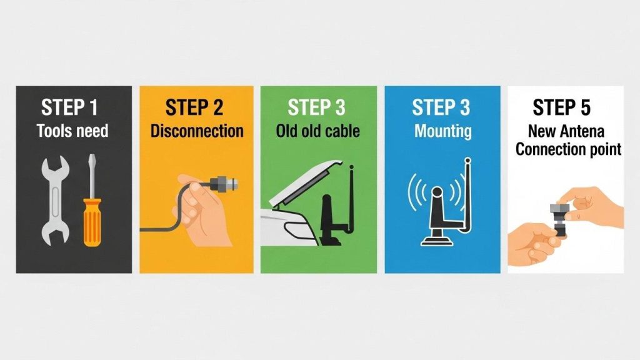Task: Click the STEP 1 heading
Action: (x=69, y=107)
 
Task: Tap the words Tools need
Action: (x=72, y=131)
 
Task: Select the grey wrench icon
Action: (x=55, y=201)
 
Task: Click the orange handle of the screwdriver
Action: (x=92, y=222)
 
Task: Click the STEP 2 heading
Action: (x=194, y=107)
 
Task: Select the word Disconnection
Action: (x=197, y=131)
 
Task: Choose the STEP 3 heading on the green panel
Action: (x=316, y=107)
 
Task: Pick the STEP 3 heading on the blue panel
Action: (x=441, y=107)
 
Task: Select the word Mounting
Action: (x=443, y=131)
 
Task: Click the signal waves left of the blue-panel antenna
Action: (x=417, y=192)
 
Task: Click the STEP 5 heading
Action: (x=562, y=107)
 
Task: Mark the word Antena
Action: (x=582, y=131)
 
